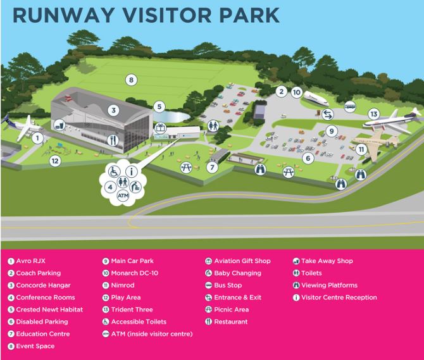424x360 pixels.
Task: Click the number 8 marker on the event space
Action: click(131, 80)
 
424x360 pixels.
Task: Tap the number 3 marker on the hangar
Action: click(113, 110)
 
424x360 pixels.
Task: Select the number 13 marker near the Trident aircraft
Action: click(374, 115)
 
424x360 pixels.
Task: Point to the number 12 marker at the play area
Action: click(55, 161)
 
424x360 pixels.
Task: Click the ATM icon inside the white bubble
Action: click(123, 197)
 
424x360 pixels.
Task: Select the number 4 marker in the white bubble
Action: click(109, 187)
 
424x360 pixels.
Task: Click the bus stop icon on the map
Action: click(349, 107)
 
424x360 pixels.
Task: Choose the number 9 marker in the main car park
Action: click(331, 132)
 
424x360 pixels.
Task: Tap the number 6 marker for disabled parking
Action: click(308, 158)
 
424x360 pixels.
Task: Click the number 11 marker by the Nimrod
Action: click(361, 150)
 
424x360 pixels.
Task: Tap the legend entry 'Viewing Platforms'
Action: click(329, 285)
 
